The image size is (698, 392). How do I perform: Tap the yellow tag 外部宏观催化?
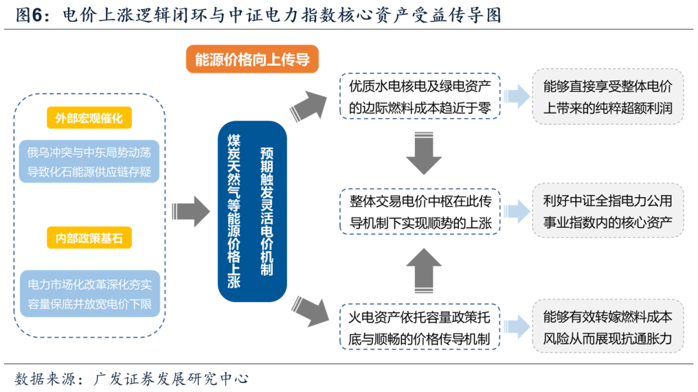tap(89, 118)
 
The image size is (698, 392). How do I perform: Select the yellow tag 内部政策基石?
tap(89, 238)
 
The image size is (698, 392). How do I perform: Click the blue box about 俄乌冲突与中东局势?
tap(89, 161)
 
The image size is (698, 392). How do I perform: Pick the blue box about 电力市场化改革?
tap(89, 293)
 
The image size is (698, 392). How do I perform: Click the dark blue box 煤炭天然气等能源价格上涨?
tap(252, 211)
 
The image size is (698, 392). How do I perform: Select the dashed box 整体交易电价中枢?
tap(420, 212)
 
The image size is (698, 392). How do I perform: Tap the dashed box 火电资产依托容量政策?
tap(420, 327)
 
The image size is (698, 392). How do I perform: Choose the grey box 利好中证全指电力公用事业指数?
tap(608, 212)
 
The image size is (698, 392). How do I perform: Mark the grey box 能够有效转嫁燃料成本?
tap(608, 327)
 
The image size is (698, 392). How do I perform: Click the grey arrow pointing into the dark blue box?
tap(191, 211)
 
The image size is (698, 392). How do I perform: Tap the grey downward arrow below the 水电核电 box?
tap(423, 155)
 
